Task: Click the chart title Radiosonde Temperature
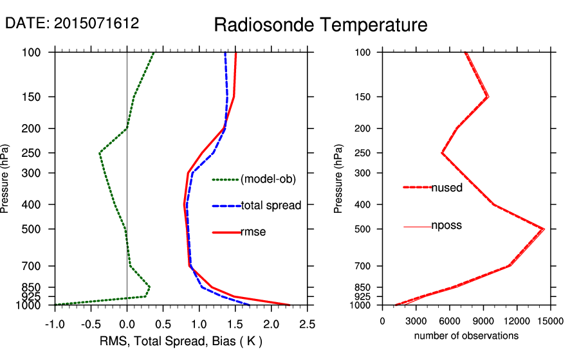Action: (x=320, y=25)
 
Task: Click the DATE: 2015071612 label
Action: (x=72, y=23)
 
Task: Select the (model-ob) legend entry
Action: (x=268, y=179)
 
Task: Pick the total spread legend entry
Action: (x=271, y=206)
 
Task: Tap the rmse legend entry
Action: (x=253, y=232)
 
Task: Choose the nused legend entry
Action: (x=446, y=188)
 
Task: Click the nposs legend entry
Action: (x=446, y=226)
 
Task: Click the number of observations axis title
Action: (x=466, y=336)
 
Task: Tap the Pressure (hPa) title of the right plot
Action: (x=339, y=179)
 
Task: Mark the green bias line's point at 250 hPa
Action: (x=100, y=153)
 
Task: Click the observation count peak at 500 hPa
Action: (x=544, y=229)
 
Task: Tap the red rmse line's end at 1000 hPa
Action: (x=289, y=305)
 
